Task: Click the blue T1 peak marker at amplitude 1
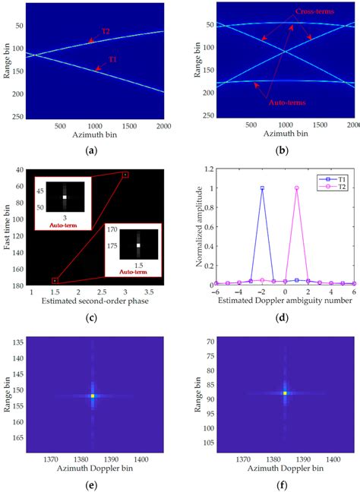point(262,188)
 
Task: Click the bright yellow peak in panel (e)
point(93,396)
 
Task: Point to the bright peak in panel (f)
point(285,393)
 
